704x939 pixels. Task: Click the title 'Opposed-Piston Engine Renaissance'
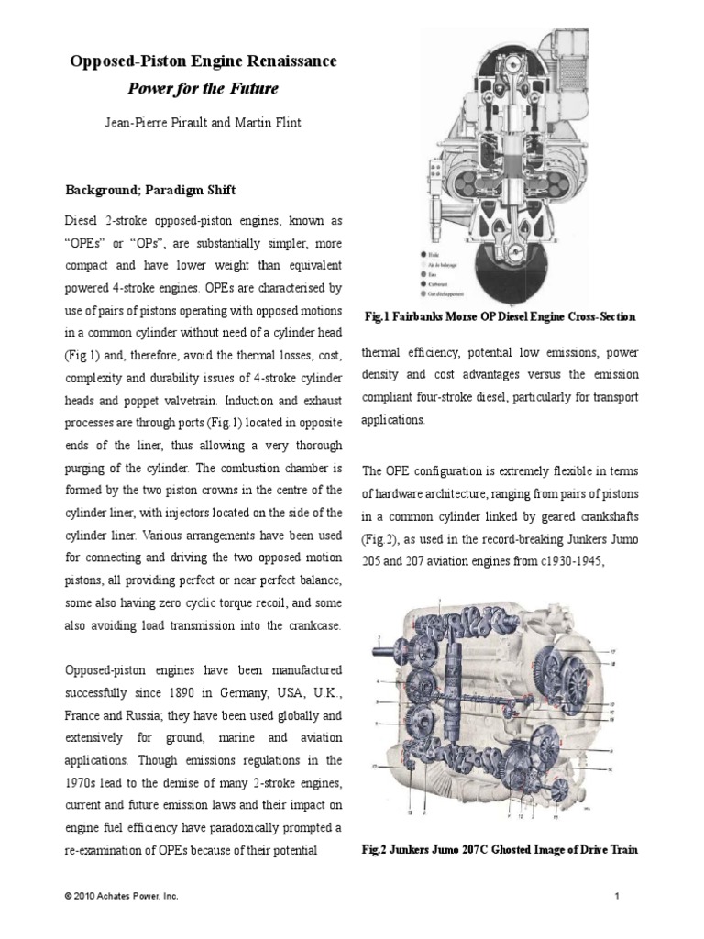pos(203,61)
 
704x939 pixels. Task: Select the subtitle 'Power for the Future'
pos(203,89)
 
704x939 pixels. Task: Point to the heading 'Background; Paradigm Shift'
pos(150,190)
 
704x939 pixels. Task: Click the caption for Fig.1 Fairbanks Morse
pos(499,316)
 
